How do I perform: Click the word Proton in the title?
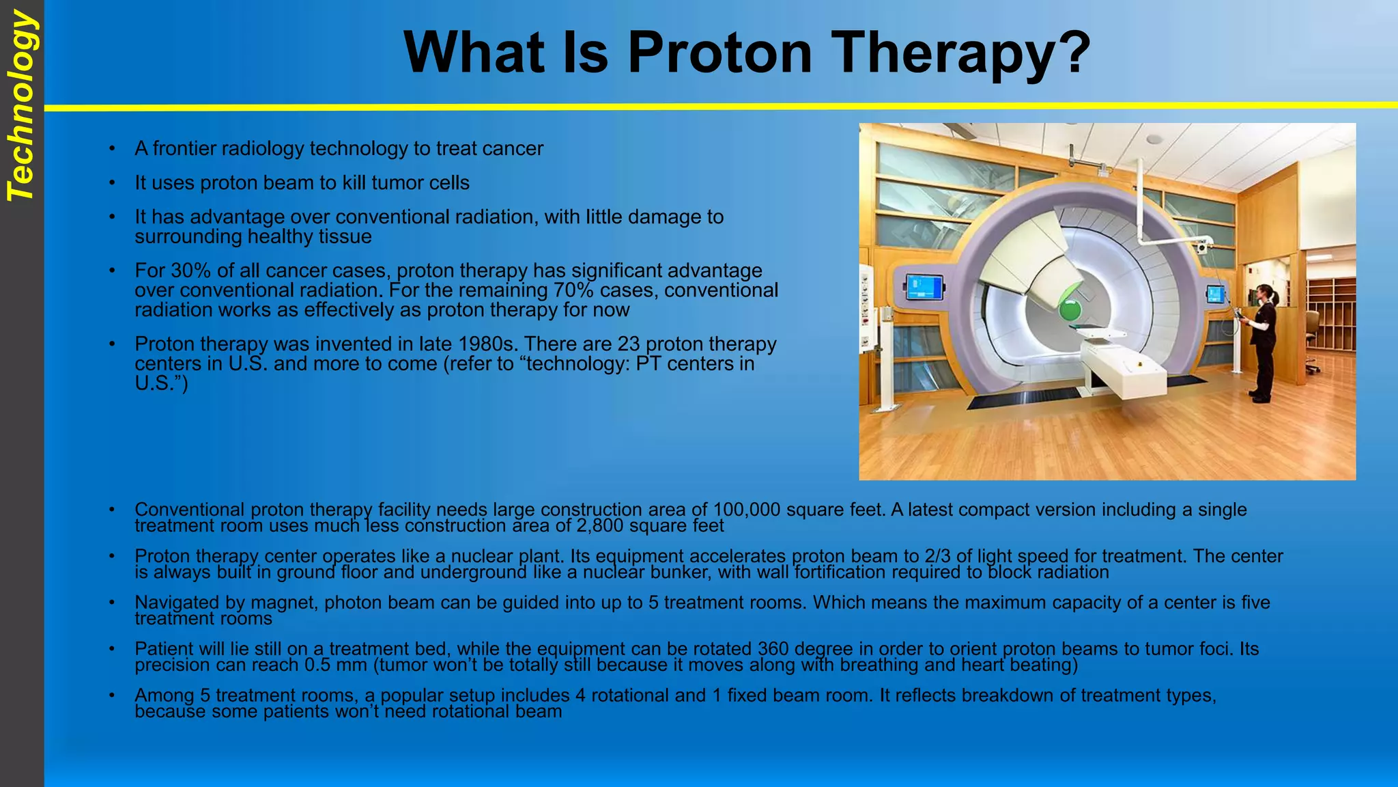tap(719, 53)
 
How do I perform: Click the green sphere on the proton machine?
tap(1070, 312)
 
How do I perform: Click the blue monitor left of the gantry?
tap(924, 287)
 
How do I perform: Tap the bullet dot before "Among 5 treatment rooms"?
tap(111, 695)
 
